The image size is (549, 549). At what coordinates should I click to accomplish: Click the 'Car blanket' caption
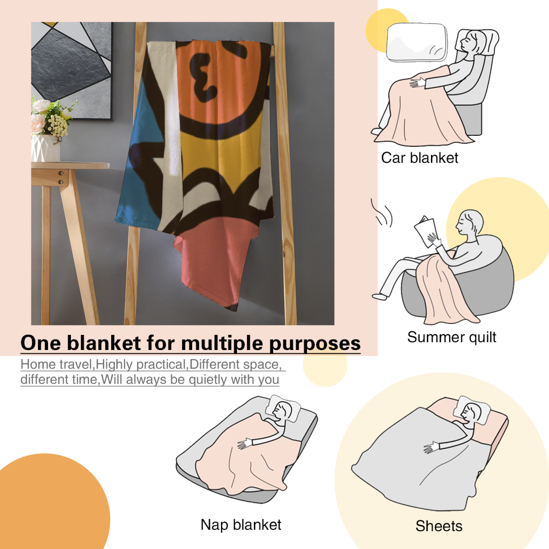point(420,158)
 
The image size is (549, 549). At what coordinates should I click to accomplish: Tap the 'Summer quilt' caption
point(452,337)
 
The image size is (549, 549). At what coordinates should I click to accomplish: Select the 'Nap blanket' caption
point(241,525)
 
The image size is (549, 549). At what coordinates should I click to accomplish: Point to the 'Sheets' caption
point(439,526)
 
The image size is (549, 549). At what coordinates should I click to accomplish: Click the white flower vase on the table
point(45,148)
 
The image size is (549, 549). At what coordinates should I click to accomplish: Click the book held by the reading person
point(425,231)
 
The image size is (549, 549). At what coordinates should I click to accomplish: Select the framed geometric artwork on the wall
point(72,71)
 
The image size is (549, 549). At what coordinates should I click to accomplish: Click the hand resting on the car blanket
point(417,82)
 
